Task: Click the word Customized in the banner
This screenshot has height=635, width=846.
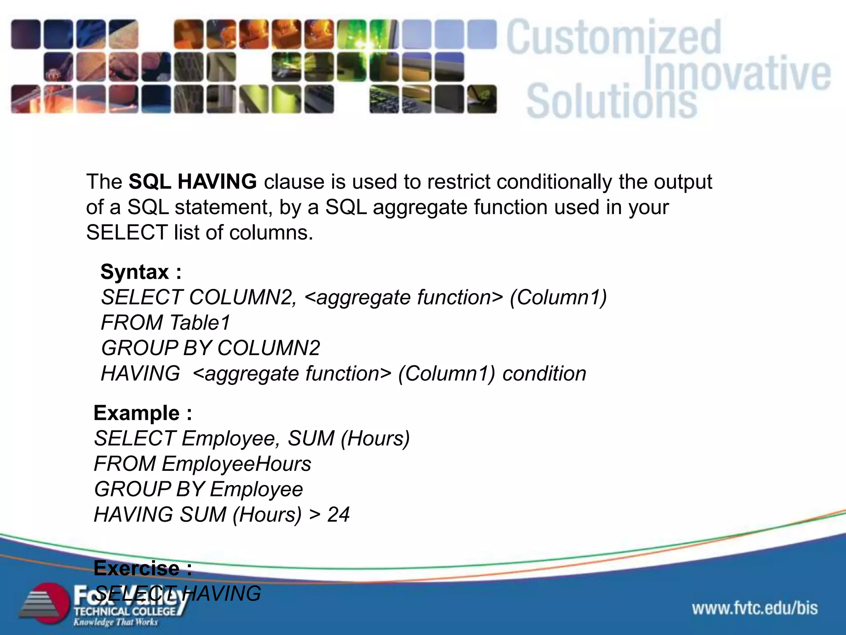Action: coord(614,38)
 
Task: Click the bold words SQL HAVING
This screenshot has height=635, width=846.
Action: coord(192,182)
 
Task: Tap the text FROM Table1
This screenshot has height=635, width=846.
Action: coord(166,323)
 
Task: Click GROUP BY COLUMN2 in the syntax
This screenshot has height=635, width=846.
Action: coord(210,348)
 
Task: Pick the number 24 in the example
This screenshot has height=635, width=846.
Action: coord(338,515)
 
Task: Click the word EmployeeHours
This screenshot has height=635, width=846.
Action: coord(236,464)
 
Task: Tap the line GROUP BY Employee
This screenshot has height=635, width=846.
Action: coord(198,489)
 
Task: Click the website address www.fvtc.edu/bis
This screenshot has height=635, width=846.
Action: coord(755,608)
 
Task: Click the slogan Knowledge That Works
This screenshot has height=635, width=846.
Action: coord(116,622)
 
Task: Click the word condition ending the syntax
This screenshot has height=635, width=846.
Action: coord(544,374)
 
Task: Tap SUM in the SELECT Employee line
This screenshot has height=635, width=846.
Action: coord(311,439)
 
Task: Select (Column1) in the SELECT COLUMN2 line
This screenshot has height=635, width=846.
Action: coord(558,297)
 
